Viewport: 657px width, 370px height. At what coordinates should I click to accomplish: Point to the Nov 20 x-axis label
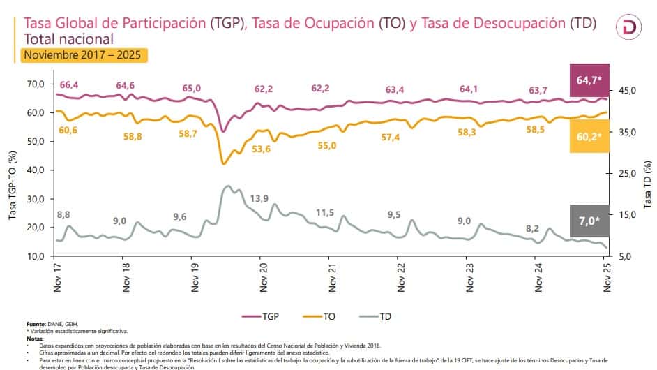(263, 274)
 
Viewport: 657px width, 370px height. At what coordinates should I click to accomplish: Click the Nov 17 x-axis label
(56, 274)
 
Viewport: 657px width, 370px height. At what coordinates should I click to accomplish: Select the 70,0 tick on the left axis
(34, 84)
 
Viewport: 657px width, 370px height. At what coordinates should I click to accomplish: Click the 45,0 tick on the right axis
(628, 91)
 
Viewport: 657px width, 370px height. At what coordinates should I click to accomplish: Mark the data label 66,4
(70, 85)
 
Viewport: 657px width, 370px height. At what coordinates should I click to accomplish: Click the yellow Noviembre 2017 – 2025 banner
(85, 54)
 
